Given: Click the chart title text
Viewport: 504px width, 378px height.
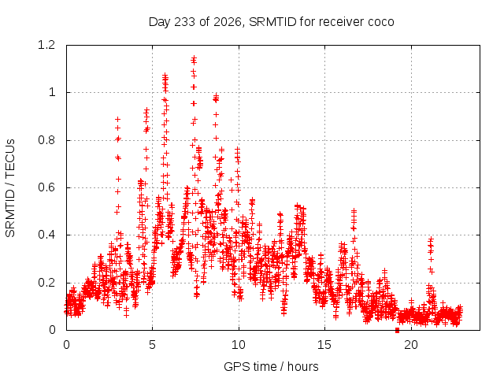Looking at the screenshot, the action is [x=271, y=22].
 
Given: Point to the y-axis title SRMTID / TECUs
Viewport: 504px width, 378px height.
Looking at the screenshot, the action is [x=10, y=188].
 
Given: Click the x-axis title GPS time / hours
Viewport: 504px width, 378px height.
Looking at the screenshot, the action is [x=271, y=366].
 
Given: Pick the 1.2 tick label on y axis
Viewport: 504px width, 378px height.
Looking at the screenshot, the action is [x=46, y=45].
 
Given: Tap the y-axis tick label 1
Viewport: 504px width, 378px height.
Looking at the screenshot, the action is [x=52, y=93].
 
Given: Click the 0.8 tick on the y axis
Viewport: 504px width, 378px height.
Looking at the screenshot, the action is [x=46, y=140].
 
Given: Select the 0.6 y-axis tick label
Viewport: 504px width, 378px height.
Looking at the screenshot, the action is [x=46, y=187].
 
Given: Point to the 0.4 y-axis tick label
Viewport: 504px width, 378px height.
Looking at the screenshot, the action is [x=46, y=235].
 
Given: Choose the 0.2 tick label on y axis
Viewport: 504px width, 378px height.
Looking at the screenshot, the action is [x=46, y=283].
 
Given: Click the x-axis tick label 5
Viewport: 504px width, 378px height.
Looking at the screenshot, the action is [x=152, y=345].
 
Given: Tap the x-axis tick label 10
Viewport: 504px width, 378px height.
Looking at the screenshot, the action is [x=239, y=345].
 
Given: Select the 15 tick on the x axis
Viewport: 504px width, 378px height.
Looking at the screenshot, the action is [x=324, y=345].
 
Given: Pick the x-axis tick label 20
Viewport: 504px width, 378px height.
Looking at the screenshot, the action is [x=411, y=345].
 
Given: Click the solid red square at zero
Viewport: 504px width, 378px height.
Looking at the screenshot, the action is [x=397, y=330].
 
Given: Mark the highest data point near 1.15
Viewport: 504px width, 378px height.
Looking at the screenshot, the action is [x=194, y=58].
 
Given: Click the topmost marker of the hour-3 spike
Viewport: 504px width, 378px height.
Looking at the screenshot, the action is [x=117, y=119].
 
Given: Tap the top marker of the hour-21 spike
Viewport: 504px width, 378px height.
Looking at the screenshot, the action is [x=431, y=239].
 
